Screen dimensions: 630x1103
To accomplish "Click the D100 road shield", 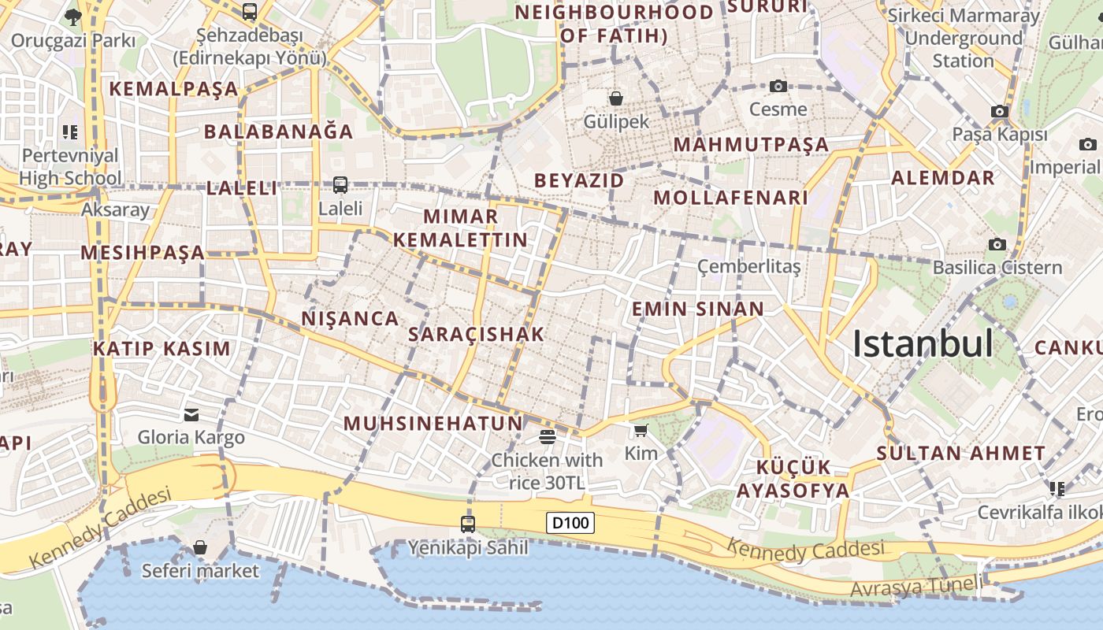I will pyautogui.click(x=570, y=522).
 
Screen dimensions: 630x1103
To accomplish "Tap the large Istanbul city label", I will pyautogui.click(x=923, y=344).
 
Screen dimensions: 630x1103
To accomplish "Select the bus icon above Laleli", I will pyautogui.click(x=340, y=185).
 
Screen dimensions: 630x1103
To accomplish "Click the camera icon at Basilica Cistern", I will pyautogui.click(x=997, y=244).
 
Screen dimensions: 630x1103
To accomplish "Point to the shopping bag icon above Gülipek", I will pyautogui.click(x=615, y=98).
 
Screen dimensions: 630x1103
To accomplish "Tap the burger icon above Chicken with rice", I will pyautogui.click(x=548, y=436).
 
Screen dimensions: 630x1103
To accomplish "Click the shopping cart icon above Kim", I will pyautogui.click(x=641, y=430).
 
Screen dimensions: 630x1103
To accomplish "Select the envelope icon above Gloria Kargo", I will pyautogui.click(x=191, y=414).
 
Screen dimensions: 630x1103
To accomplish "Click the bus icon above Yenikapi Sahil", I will pyautogui.click(x=468, y=524).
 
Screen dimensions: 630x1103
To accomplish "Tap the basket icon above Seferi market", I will pyautogui.click(x=200, y=547).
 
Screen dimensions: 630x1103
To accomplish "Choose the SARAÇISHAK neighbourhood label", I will pyautogui.click(x=477, y=334).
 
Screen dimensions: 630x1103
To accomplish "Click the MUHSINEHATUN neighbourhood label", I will pyautogui.click(x=433, y=424).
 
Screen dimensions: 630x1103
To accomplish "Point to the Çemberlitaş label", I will pyautogui.click(x=748, y=267).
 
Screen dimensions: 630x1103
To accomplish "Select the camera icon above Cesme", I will pyautogui.click(x=778, y=86).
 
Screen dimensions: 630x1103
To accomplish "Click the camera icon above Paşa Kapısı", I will pyautogui.click(x=1000, y=111).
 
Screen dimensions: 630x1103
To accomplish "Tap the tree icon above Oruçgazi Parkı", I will pyautogui.click(x=73, y=17).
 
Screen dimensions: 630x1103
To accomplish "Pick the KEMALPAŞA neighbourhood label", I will pyautogui.click(x=173, y=89).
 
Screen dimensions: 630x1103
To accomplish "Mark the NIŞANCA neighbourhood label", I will pyautogui.click(x=350, y=318).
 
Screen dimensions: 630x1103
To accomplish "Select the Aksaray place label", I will pyautogui.click(x=115, y=209).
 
